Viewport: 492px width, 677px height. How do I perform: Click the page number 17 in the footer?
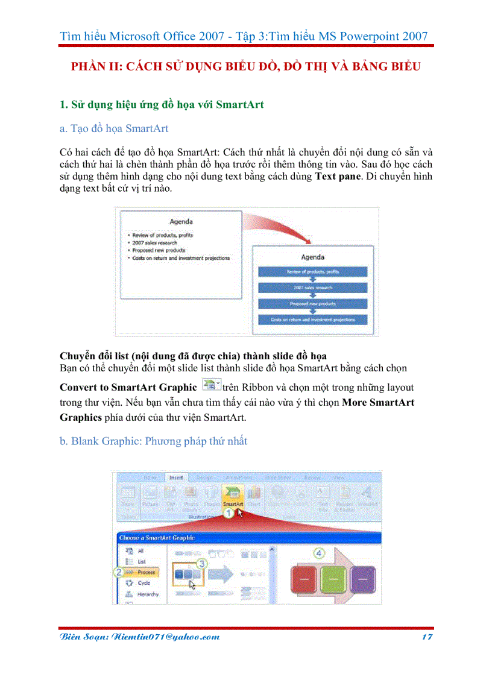[427, 637]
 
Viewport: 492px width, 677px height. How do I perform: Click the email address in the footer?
[139, 637]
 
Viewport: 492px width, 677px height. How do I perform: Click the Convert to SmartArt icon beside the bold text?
[211, 386]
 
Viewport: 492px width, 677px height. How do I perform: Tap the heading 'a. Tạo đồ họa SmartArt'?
[114, 128]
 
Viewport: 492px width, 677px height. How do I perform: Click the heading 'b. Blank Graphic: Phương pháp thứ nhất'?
[153, 441]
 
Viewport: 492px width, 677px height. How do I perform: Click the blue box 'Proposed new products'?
[312, 304]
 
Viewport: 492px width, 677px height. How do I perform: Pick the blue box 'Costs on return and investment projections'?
[312, 320]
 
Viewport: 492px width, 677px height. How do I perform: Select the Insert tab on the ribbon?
[175, 477]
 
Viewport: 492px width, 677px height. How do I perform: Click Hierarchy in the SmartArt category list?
[148, 594]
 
